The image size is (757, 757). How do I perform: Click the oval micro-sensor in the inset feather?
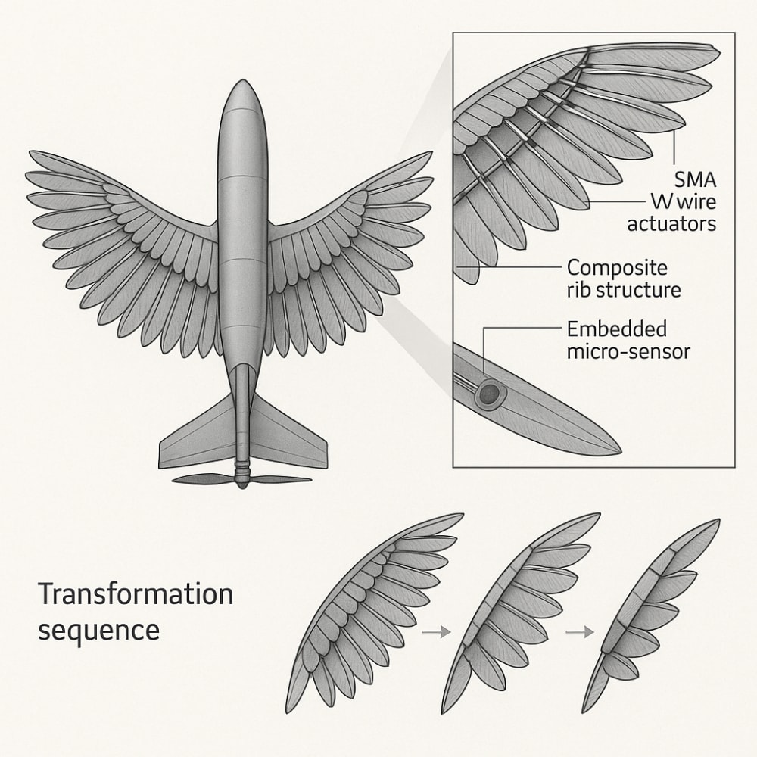tap(489, 393)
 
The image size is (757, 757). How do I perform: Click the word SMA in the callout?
tap(694, 181)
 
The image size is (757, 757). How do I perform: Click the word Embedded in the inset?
tap(617, 330)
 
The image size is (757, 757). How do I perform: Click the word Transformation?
tap(136, 594)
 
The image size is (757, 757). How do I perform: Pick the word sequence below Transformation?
tap(98, 630)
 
